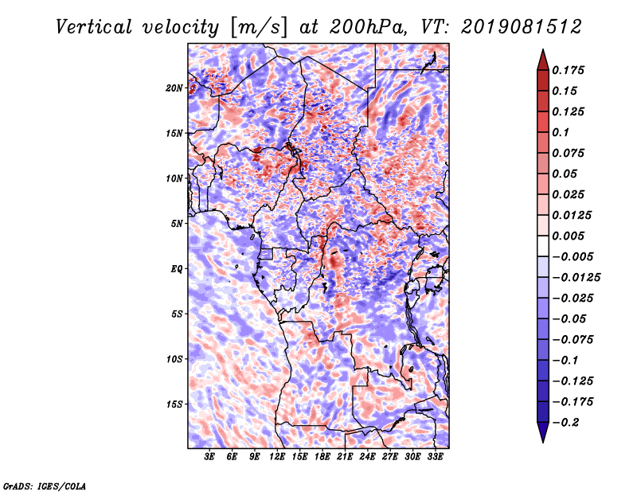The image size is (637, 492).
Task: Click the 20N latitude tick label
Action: pyautogui.click(x=174, y=88)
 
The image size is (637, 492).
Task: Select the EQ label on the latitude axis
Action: pyautogui.click(x=176, y=269)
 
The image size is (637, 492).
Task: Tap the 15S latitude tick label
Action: pyautogui.click(x=174, y=404)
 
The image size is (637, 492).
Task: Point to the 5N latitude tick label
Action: pyautogui.click(x=177, y=224)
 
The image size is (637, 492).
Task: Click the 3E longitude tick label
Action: pyautogui.click(x=209, y=457)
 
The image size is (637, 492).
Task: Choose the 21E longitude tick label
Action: pyautogui.click(x=345, y=457)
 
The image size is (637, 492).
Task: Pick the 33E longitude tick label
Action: pyautogui.click(x=435, y=457)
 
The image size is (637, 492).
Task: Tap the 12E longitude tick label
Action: pyautogui.click(x=276, y=457)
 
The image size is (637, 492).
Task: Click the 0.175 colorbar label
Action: pyautogui.click(x=568, y=70)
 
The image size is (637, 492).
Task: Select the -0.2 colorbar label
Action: pyautogui.click(x=565, y=423)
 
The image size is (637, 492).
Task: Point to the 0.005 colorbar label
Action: pyautogui.click(x=568, y=236)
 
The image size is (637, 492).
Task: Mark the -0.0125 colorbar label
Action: pyautogui.click(x=576, y=278)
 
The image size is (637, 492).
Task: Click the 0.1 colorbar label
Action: pyautogui.click(x=561, y=132)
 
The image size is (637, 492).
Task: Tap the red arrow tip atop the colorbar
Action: pyautogui.click(x=543, y=49)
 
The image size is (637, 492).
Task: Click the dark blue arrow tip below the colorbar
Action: pyautogui.click(x=543, y=442)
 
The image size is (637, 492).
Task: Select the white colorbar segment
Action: pyautogui.click(x=543, y=246)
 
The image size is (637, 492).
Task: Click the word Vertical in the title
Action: pyautogui.click(x=94, y=27)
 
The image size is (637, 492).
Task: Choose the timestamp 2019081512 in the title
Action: pyautogui.click(x=522, y=27)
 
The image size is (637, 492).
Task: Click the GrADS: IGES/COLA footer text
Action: pyautogui.click(x=45, y=486)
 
